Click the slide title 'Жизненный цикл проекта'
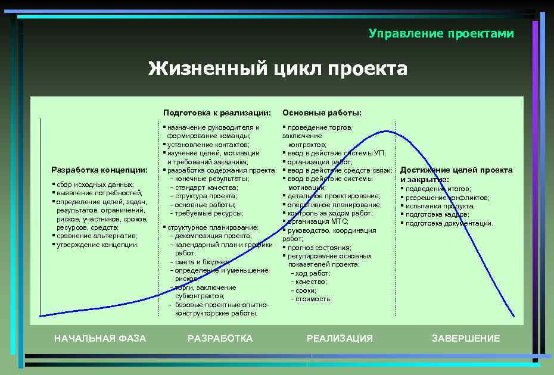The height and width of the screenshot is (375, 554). (278, 69)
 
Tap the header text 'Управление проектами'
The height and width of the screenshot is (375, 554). (441, 33)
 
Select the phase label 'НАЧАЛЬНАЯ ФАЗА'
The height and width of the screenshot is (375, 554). (100, 338)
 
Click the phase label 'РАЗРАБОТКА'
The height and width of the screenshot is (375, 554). (220, 338)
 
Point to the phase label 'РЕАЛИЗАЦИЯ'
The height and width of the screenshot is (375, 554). (340, 338)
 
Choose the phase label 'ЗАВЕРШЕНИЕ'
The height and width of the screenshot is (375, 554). (466, 338)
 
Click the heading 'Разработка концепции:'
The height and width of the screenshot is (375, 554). (99, 170)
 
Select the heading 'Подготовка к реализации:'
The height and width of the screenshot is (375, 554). (217, 112)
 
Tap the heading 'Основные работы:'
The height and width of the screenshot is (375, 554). (322, 112)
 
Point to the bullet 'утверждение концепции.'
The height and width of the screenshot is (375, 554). (97, 245)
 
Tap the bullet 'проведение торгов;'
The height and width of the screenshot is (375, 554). (319, 127)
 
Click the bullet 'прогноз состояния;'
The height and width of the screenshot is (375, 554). (319, 247)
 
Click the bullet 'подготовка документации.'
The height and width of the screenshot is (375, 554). (449, 223)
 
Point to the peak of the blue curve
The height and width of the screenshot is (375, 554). (386, 131)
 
